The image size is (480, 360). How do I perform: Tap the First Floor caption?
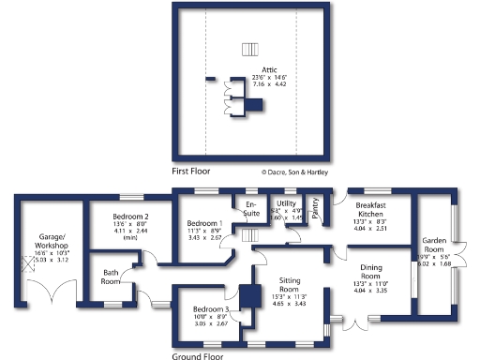pos(192,172)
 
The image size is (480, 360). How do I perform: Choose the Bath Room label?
pos(111,277)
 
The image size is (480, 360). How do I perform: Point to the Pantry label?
pos(316,209)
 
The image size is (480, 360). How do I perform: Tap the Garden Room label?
pos(434,243)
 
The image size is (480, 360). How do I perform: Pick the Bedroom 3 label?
pos(211,309)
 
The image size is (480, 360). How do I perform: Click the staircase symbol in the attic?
pos(248,49)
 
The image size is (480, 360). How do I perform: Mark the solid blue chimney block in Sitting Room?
pos(250,296)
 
